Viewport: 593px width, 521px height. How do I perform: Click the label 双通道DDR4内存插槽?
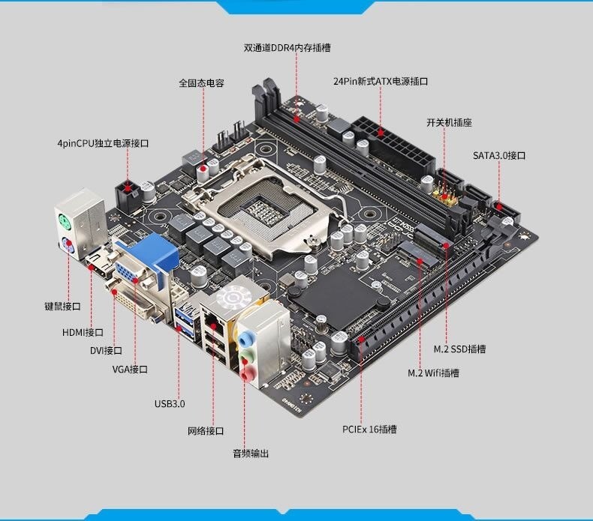point(287,48)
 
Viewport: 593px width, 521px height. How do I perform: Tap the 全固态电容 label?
point(201,83)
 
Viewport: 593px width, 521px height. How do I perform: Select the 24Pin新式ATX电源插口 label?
point(381,81)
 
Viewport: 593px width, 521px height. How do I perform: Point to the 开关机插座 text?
point(450,122)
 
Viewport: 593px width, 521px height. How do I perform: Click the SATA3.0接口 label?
point(499,155)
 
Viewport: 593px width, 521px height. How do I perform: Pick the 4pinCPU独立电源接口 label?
point(103,143)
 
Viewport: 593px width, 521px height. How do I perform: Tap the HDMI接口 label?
point(83,333)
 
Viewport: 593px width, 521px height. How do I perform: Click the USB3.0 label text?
point(170,403)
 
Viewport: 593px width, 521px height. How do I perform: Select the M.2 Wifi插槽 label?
point(433,373)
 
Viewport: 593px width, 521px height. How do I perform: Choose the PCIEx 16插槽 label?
point(369,430)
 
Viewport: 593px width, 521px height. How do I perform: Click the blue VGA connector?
point(146,261)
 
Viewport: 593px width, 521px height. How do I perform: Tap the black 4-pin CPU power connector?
point(128,196)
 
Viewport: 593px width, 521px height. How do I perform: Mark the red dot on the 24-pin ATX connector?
point(381,133)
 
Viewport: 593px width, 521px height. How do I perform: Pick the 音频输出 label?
point(251,454)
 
